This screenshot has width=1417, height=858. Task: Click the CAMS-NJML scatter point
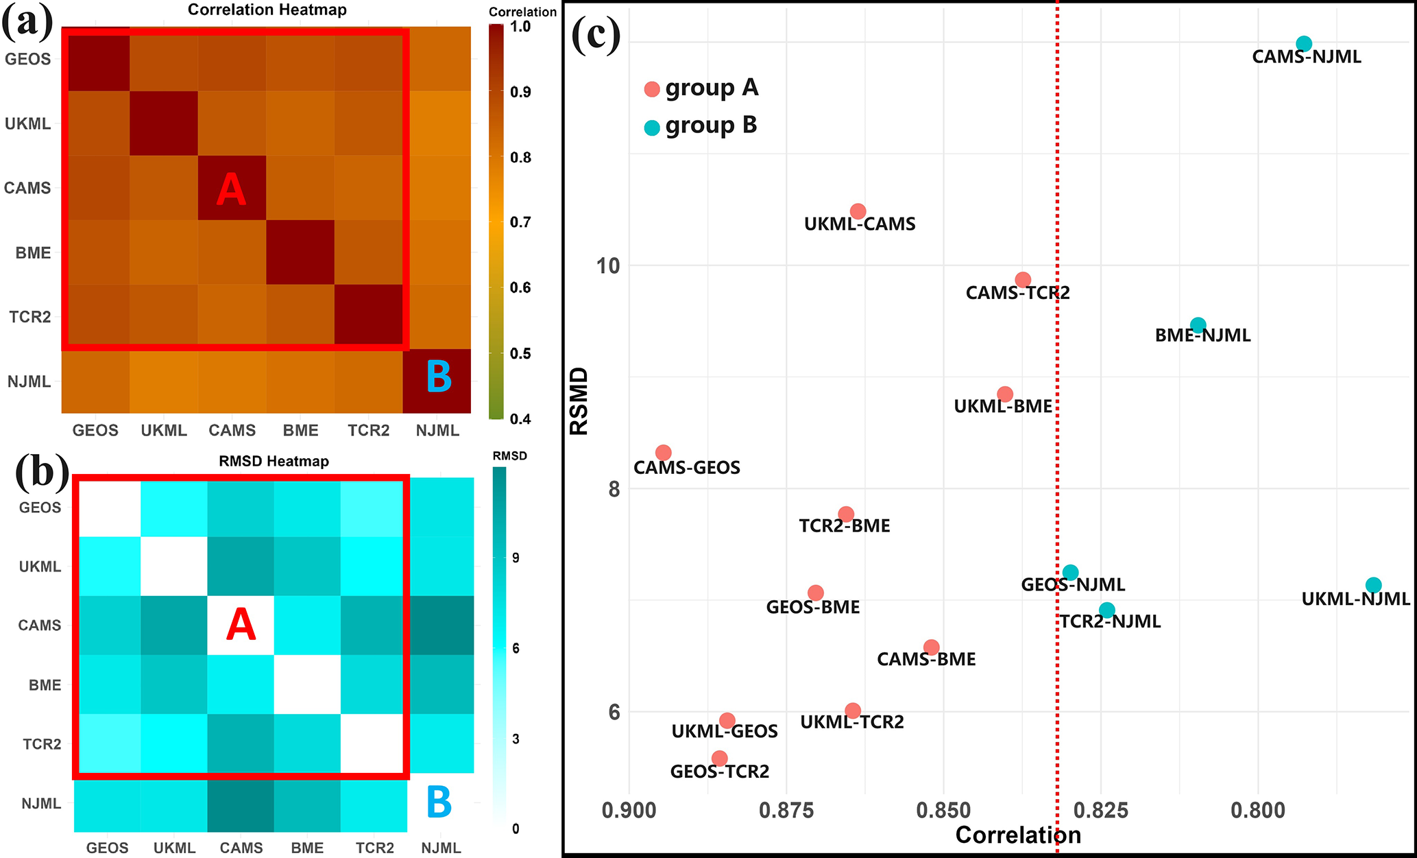pyautogui.click(x=1304, y=44)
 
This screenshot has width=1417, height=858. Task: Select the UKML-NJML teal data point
pyautogui.click(x=1373, y=585)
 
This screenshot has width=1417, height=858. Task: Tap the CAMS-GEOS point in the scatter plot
pyautogui.click(x=663, y=453)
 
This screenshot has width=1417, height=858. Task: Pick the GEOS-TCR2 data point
pyautogui.click(x=719, y=759)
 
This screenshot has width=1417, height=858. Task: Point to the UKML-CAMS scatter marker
pyautogui.click(x=858, y=211)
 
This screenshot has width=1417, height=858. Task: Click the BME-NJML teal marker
pyautogui.click(x=1198, y=325)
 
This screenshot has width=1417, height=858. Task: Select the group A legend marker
pyautogui.click(x=652, y=89)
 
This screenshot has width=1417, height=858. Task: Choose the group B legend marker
pyautogui.click(x=652, y=127)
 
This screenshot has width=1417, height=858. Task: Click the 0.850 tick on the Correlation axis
pyautogui.click(x=943, y=811)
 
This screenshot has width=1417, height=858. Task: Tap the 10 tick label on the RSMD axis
pyautogui.click(x=608, y=265)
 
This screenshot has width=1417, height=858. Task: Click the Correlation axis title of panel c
pyautogui.click(x=1018, y=835)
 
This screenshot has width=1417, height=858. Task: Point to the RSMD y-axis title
pyautogui.click(x=579, y=401)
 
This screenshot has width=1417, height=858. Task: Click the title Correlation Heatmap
pyautogui.click(x=267, y=10)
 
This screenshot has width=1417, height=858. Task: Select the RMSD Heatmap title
pyautogui.click(x=274, y=461)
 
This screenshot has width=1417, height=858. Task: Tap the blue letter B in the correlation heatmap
pyautogui.click(x=439, y=377)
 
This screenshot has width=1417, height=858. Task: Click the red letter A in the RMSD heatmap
pyautogui.click(x=241, y=625)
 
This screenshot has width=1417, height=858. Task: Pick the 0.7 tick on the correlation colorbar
pyautogui.click(x=521, y=222)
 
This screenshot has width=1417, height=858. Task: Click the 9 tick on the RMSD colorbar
pyautogui.click(x=516, y=558)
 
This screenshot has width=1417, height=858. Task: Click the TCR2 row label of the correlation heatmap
pyautogui.click(x=30, y=317)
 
